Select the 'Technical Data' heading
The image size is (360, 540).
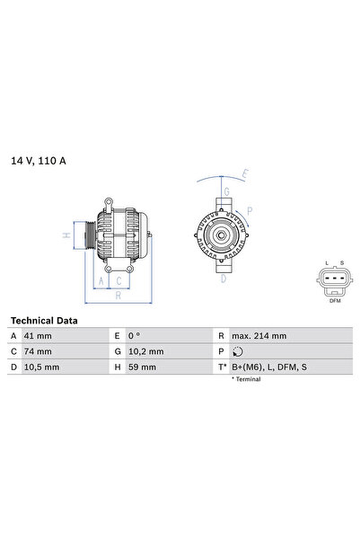(x=44, y=321)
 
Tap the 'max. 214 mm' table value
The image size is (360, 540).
(x=259, y=336)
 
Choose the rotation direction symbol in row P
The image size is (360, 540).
(x=236, y=351)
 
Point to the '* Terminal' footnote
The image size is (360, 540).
(x=246, y=379)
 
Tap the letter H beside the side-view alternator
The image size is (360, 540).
(x=66, y=235)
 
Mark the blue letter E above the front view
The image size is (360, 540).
(x=244, y=174)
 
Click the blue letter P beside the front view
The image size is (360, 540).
(x=250, y=211)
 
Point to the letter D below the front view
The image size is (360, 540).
(x=223, y=279)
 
